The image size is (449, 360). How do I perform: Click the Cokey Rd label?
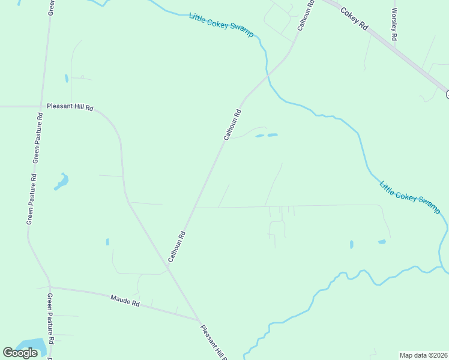coord(354,20)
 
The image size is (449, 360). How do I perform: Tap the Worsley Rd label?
coord(394,24)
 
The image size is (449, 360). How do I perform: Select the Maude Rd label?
coord(125,300)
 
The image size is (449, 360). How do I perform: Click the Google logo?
coord(20,353)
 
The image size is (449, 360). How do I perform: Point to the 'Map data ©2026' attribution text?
coord(424,355)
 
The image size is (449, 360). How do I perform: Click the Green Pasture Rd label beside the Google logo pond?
coord(51,327)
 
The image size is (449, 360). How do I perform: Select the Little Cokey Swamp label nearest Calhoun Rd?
coord(221,25)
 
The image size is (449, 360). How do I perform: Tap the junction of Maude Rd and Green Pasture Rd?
coord(50,287)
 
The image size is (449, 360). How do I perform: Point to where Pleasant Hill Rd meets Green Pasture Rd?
coord(41,106)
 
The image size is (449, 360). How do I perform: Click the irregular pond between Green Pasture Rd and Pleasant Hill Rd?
coord(62,181)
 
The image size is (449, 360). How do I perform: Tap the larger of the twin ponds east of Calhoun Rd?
coord(273,135)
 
